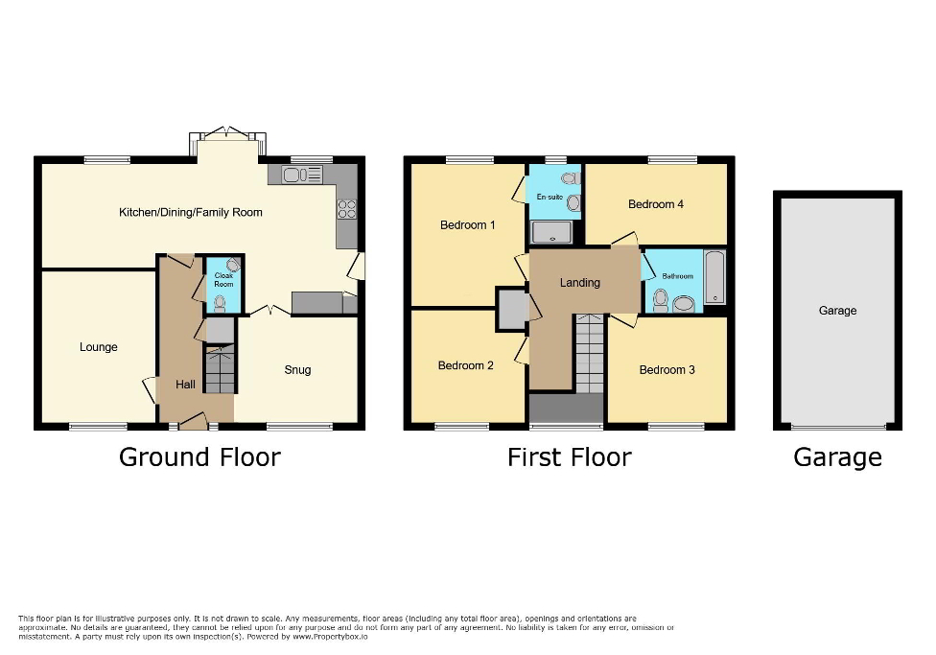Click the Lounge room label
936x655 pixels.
pos(99,347)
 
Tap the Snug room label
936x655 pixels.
pos(297,369)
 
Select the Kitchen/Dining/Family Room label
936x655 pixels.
pos(190,212)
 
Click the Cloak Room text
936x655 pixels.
pos(223,280)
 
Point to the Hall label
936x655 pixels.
pos(185,385)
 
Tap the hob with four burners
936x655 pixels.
pos(346,209)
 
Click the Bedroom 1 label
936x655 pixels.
pos(468,225)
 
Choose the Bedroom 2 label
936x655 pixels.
pos(465,365)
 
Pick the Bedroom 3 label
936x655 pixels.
pos(667,369)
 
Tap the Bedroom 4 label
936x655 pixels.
pos(656,204)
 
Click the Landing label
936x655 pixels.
pos(580,283)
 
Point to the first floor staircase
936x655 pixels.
pos(590,356)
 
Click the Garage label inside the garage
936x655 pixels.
pos(837,311)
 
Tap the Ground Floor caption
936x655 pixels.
pos(199,457)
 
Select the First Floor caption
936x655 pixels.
pos(569,457)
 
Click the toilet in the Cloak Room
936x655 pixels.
pos(221,303)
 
